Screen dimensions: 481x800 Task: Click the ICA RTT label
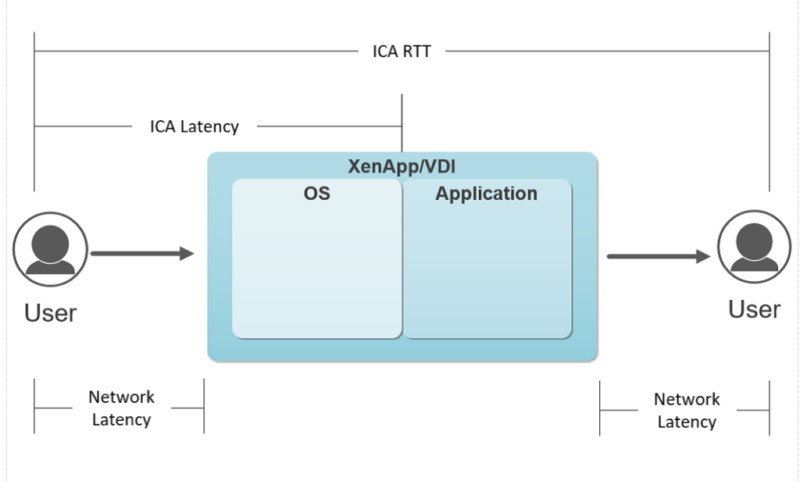[395, 50]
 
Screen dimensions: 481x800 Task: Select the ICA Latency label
[194, 127]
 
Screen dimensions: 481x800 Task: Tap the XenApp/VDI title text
[402, 166]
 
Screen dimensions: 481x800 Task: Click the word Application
[486, 194]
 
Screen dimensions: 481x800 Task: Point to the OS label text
[317, 194]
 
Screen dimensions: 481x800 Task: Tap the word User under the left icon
[51, 312]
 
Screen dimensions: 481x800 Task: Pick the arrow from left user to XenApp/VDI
[140, 254]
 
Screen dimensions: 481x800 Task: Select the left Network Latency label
[121, 408]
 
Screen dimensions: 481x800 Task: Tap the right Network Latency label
[687, 410]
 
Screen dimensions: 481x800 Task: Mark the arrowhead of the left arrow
[186, 254]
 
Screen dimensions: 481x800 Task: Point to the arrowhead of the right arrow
[704, 256]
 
